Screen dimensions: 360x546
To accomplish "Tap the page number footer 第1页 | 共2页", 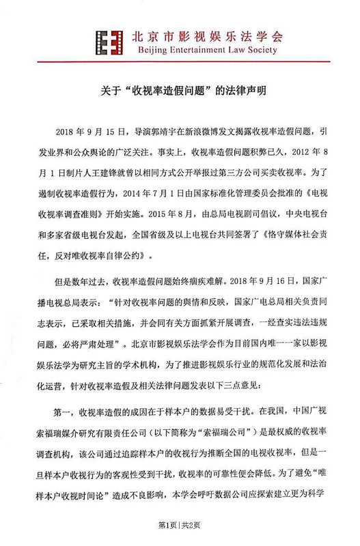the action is (x=180, y=525).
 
